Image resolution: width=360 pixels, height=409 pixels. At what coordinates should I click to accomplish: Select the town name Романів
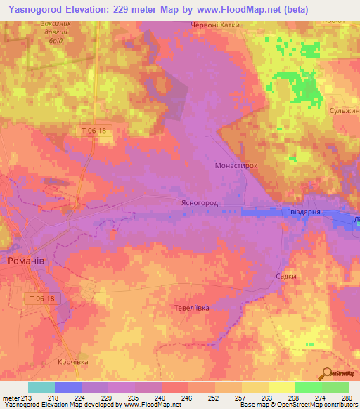27,261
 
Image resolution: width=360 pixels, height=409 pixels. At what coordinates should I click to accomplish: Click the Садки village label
285,277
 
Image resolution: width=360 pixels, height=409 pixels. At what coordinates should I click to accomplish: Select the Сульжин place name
345,112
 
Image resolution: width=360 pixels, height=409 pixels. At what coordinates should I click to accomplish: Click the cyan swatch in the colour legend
41,387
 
